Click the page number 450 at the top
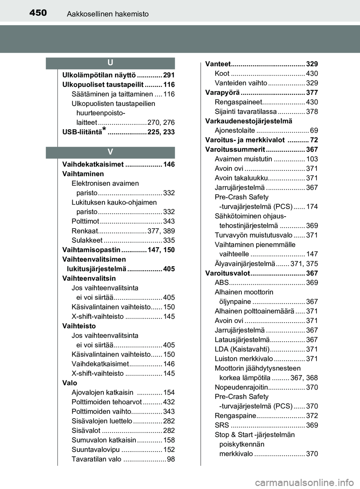[x=38, y=13]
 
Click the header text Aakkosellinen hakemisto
[x=108, y=14]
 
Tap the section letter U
[x=111, y=63]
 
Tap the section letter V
[x=111, y=152]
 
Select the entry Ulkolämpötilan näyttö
[x=99, y=75]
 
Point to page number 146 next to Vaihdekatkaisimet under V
[x=169, y=164]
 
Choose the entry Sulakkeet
[x=87, y=241]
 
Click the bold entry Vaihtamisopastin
[x=91, y=250]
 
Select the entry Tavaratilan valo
[x=96, y=459]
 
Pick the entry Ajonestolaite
[x=235, y=131]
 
